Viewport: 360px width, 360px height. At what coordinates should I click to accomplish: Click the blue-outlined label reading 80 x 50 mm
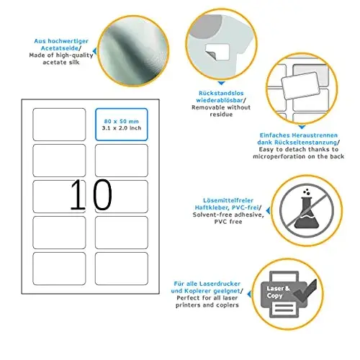coord(122,125)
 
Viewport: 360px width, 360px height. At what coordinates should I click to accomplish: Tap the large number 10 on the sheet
coord(91,194)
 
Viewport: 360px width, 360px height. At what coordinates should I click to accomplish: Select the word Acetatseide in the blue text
coord(60,48)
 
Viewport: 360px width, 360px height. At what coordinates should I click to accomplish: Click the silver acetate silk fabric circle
coord(133,50)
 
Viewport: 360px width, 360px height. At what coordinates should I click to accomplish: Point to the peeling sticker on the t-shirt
coord(217,52)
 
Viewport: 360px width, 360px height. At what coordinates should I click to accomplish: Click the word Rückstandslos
coord(221,93)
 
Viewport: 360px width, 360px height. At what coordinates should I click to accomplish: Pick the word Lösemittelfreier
coord(228,200)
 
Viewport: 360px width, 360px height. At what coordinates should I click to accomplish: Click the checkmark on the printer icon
coord(305,291)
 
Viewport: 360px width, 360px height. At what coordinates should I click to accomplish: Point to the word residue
coord(221,114)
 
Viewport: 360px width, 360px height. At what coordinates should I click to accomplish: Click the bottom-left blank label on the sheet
coord(59,269)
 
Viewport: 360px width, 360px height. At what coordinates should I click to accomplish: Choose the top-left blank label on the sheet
coord(59,125)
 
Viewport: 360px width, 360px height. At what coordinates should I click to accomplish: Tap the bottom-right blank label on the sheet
coord(122,269)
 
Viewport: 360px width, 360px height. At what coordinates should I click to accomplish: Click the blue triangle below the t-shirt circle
coord(221,84)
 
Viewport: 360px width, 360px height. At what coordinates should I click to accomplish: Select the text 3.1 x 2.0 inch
coord(122,128)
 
